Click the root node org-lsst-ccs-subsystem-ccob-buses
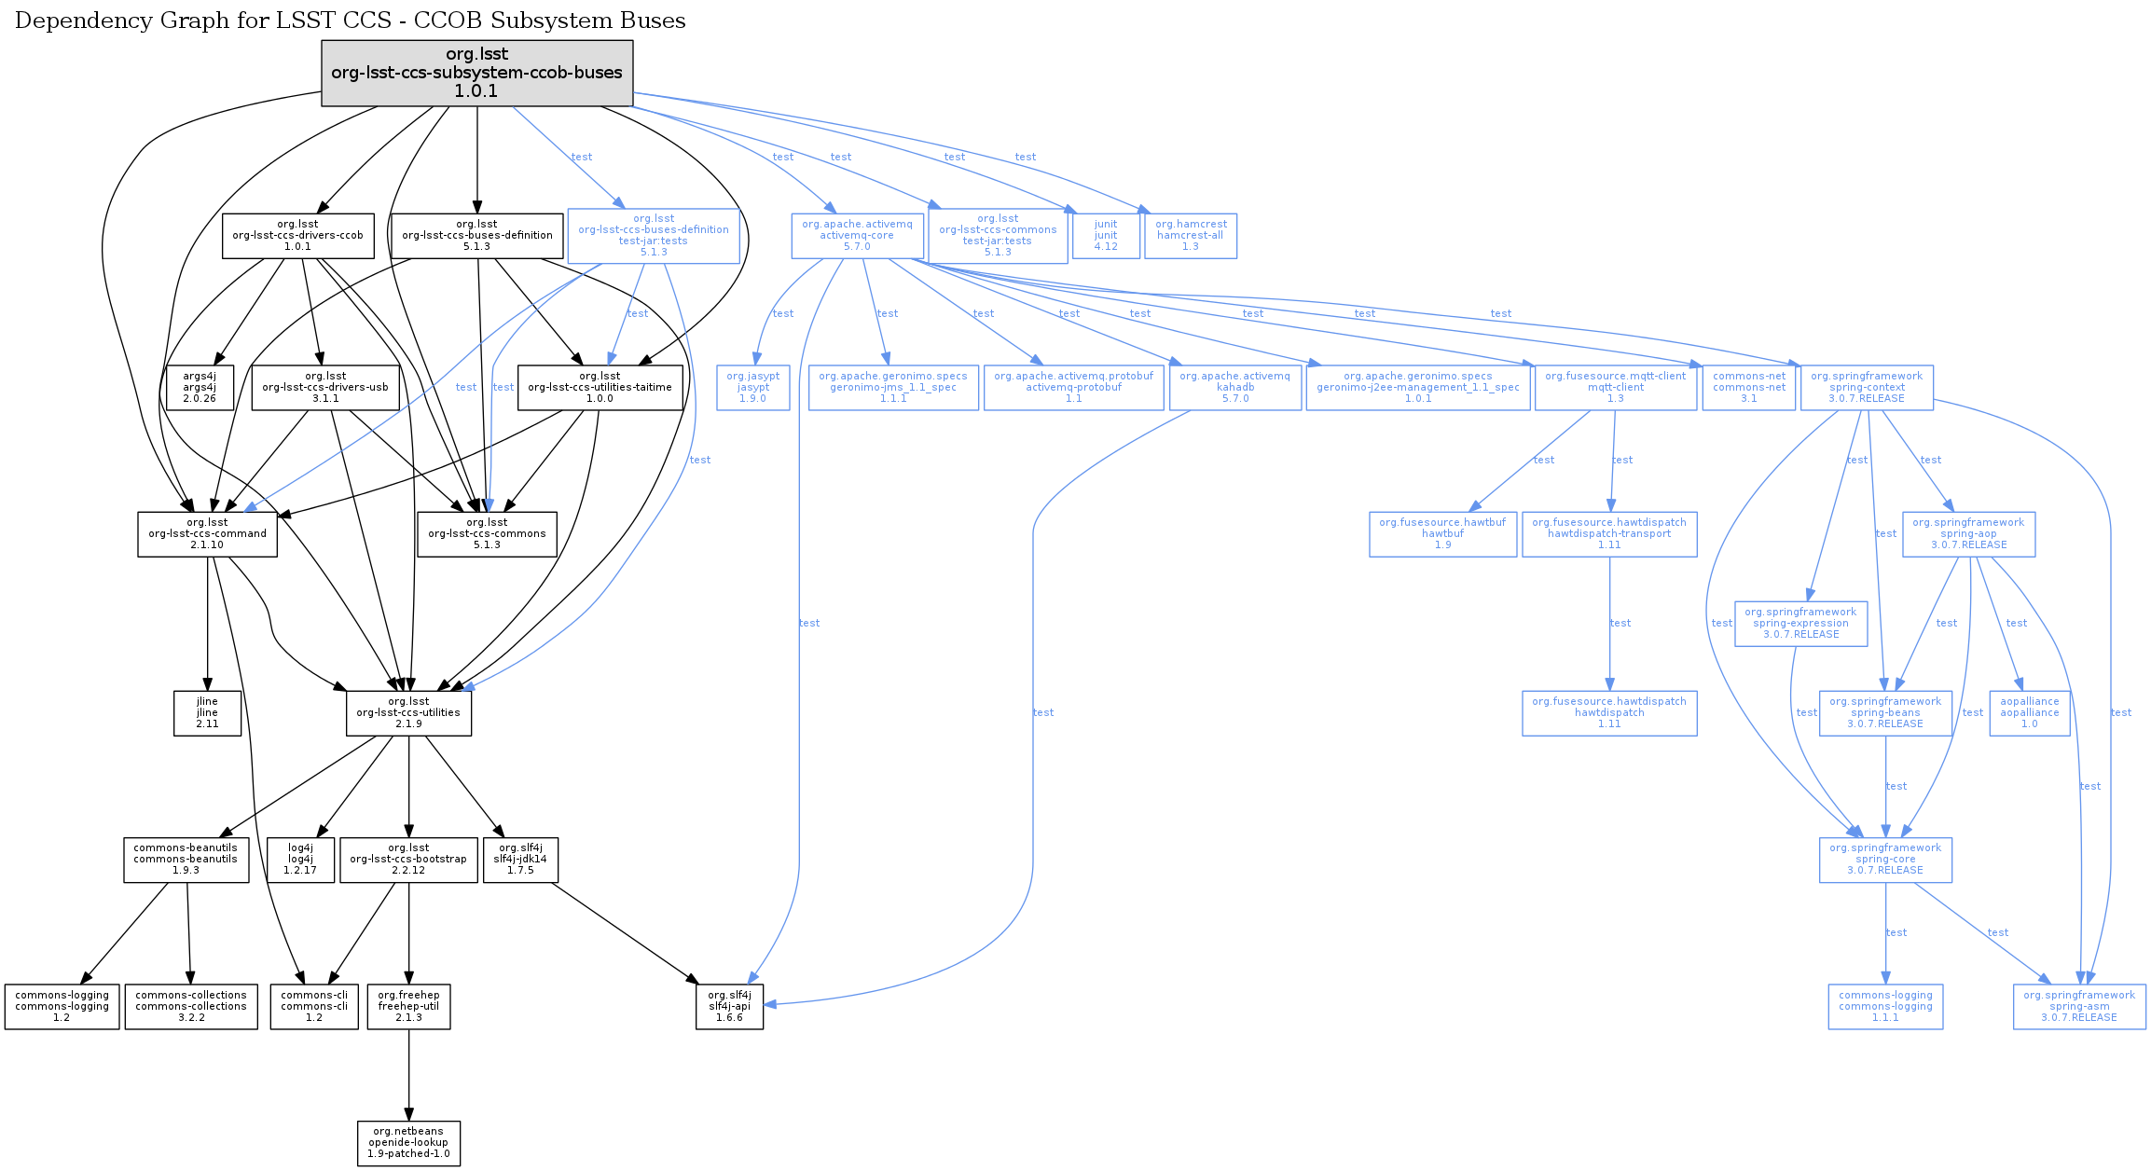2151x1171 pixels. point(476,73)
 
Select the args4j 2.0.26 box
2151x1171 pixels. point(200,388)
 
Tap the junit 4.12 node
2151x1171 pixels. point(1106,236)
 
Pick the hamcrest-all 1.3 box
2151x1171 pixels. point(1191,236)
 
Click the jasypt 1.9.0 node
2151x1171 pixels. point(752,388)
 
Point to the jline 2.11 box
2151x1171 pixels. point(207,713)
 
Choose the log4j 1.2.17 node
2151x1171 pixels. point(300,860)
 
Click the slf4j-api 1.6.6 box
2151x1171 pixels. point(729,1007)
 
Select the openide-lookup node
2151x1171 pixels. point(408,1143)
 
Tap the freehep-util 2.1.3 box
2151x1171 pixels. point(408,1007)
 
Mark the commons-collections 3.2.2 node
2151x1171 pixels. point(191,1007)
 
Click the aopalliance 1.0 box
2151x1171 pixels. point(2029,713)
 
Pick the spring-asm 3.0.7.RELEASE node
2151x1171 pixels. point(2078,1007)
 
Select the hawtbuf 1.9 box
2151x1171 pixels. point(1442,534)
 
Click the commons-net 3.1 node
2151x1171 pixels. point(1749,388)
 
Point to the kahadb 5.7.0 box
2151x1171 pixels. point(1234,388)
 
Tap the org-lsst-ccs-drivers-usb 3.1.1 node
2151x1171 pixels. point(325,388)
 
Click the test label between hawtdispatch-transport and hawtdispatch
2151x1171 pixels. point(1620,623)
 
